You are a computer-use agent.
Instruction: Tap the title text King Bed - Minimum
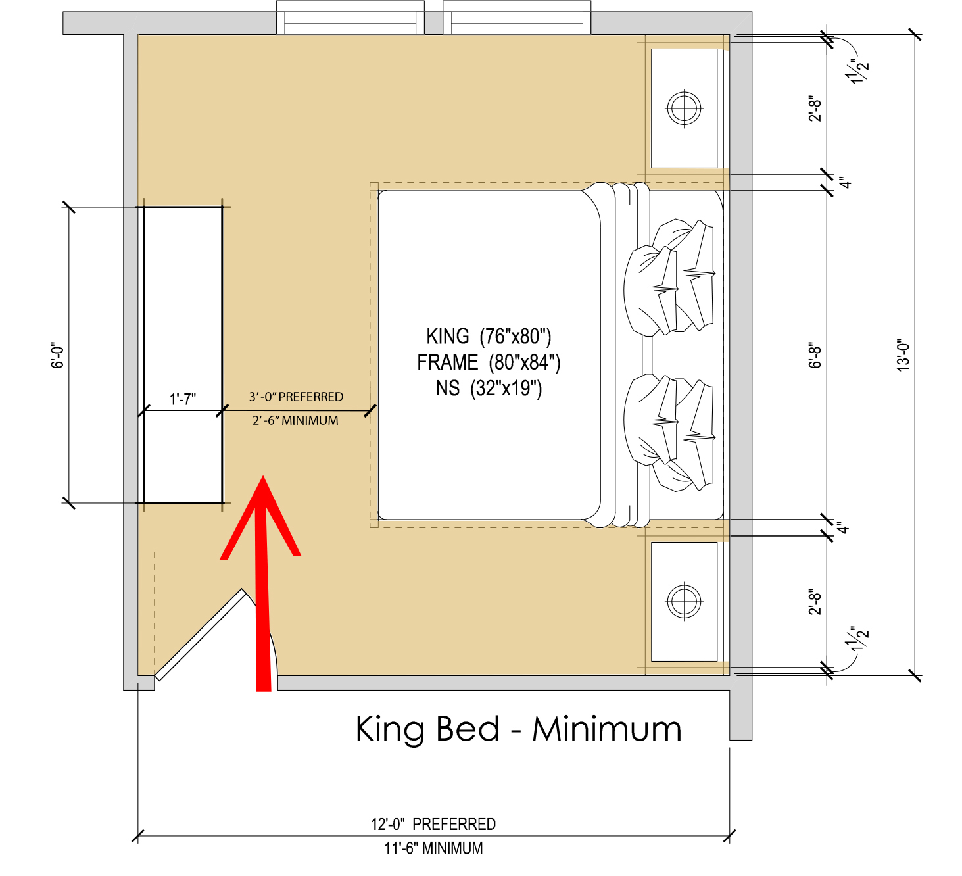(x=518, y=729)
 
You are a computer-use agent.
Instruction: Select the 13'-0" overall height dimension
(x=903, y=355)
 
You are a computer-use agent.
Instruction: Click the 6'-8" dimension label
(x=815, y=355)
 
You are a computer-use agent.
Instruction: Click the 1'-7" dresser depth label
(x=183, y=399)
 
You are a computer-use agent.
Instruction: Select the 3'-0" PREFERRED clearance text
(x=296, y=397)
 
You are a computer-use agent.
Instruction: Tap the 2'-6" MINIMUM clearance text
(x=295, y=420)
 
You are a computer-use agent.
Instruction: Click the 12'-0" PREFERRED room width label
(x=433, y=824)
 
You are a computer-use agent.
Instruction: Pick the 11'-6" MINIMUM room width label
(x=433, y=848)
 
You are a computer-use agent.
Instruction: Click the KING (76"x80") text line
(x=489, y=337)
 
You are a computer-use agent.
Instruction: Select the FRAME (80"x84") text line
(x=489, y=362)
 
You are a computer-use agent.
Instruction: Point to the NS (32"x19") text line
(x=489, y=389)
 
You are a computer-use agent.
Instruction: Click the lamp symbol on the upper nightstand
(x=684, y=107)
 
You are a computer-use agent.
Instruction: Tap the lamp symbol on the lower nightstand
(x=684, y=600)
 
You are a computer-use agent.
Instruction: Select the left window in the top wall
(x=350, y=18)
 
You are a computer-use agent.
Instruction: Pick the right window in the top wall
(x=517, y=18)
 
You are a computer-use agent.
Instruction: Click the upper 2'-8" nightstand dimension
(x=815, y=109)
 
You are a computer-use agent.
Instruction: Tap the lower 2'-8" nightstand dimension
(x=815, y=602)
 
